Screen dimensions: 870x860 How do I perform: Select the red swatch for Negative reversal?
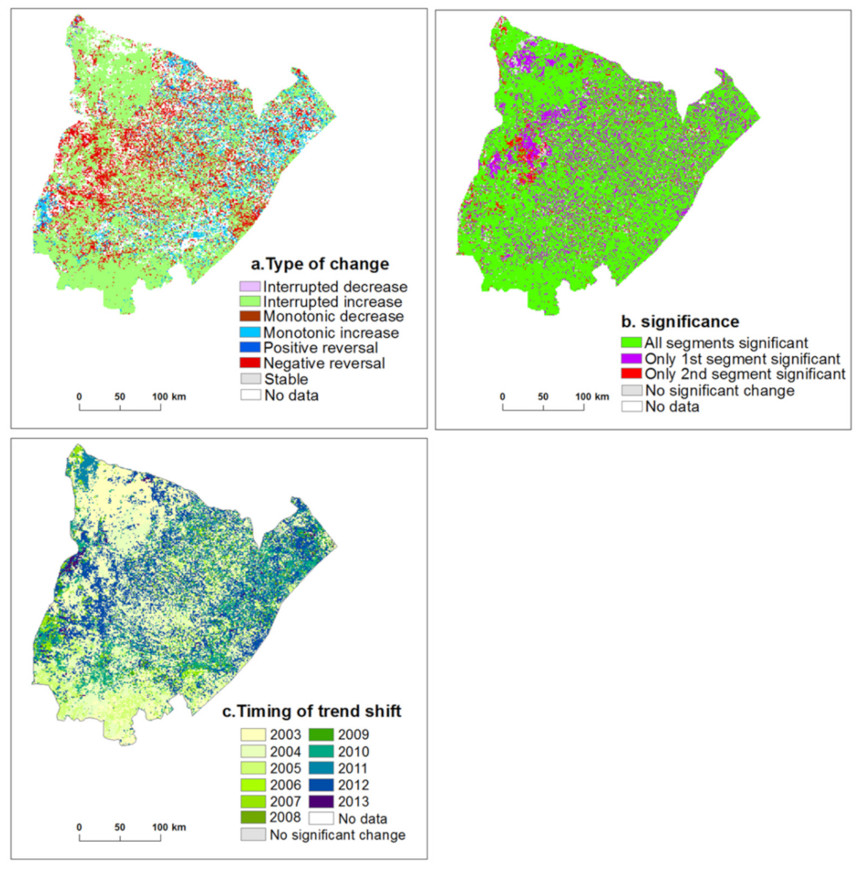[245, 364]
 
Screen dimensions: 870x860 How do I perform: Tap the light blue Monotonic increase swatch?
[245, 332]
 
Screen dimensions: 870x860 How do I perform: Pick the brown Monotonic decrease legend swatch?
[245, 317]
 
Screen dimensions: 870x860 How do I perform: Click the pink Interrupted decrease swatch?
[245, 286]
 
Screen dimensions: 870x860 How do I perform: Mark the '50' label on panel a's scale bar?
[121, 397]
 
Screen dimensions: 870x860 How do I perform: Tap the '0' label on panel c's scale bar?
[80, 828]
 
